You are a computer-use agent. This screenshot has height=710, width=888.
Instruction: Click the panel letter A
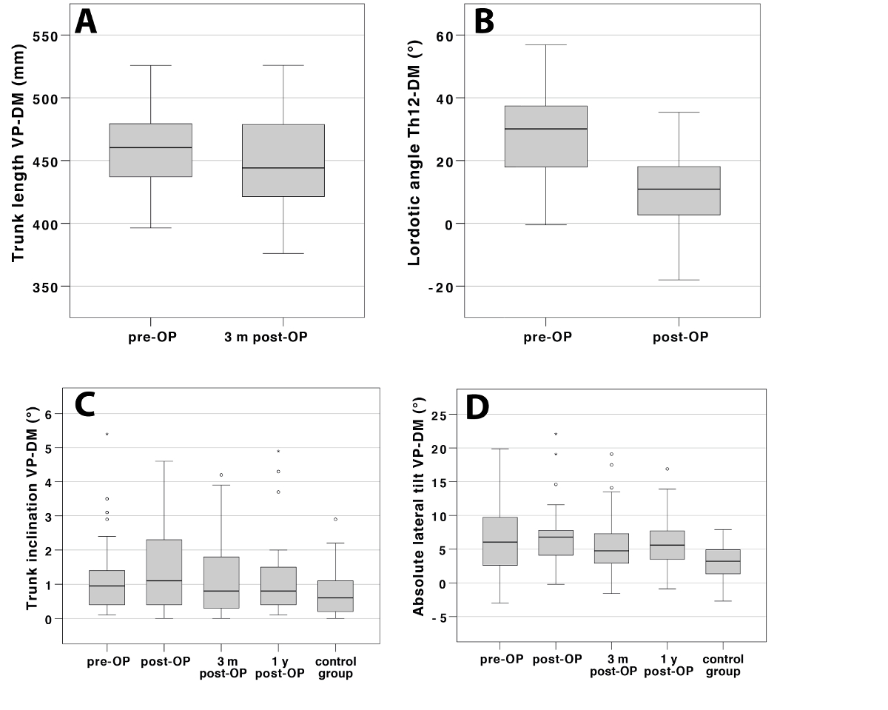tap(86, 23)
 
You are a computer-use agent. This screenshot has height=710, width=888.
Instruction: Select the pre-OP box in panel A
tap(150, 150)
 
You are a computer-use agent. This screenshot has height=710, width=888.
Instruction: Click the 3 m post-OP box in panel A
tap(283, 161)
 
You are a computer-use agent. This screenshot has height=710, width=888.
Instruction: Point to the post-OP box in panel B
tap(679, 191)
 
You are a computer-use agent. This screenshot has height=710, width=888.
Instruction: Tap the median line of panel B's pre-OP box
tap(545, 129)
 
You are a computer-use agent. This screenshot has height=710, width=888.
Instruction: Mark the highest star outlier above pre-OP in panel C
tap(107, 435)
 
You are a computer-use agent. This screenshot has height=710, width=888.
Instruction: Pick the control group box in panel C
tap(335, 596)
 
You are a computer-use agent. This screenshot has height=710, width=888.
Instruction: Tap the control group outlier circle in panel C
tap(335, 520)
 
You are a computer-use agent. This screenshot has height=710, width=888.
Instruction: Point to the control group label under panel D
tap(723, 666)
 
